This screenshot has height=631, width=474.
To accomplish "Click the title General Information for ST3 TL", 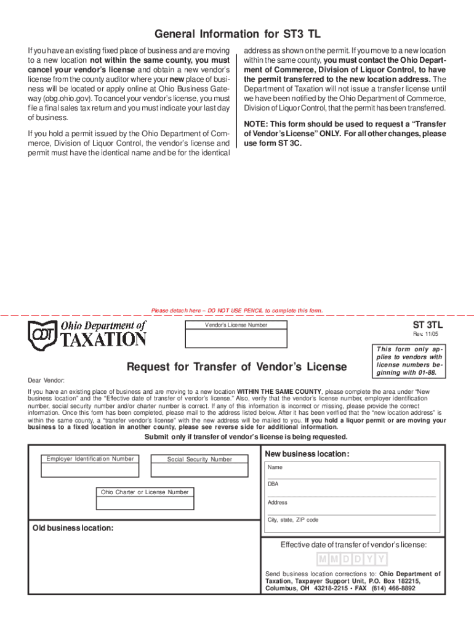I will tap(238, 34).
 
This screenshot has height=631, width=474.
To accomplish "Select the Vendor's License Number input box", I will tap(236, 339).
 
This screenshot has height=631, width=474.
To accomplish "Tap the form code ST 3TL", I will tap(427, 324).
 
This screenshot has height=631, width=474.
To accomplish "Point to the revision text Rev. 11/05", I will tap(430, 334).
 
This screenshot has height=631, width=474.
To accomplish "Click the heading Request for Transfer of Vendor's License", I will tap(236, 367).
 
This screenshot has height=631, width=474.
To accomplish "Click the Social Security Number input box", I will tap(199, 470).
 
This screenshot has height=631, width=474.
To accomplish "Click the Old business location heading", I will tap(73, 528).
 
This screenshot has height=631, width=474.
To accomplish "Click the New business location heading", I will tap(307, 454).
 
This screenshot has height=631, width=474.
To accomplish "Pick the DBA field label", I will tap(273, 484).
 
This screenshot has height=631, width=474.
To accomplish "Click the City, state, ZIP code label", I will tap(293, 520).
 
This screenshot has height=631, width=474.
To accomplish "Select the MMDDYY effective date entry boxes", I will tap(353, 560).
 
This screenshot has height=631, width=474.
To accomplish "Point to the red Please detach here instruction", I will tap(236, 311).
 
